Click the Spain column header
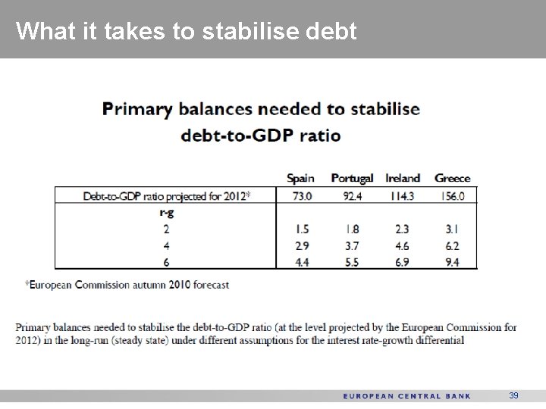[x=300, y=178]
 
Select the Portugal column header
[x=352, y=178]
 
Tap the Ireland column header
[x=403, y=178]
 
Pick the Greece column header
[x=453, y=178]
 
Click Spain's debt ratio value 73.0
[x=301, y=195]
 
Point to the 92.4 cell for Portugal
[x=352, y=195]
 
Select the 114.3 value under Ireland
[x=403, y=195]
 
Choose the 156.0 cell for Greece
[x=453, y=195]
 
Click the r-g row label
[x=165, y=212]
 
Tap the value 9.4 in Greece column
[x=453, y=262]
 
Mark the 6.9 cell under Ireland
[x=403, y=262]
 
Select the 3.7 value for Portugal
[x=352, y=245]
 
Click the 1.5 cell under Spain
[x=301, y=229]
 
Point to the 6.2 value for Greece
[x=453, y=245]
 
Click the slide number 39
[x=513, y=395]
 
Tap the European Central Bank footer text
[x=406, y=396]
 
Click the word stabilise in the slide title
[x=240, y=31]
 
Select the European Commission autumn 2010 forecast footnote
[x=127, y=285]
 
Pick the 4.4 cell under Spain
[x=301, y=262]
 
